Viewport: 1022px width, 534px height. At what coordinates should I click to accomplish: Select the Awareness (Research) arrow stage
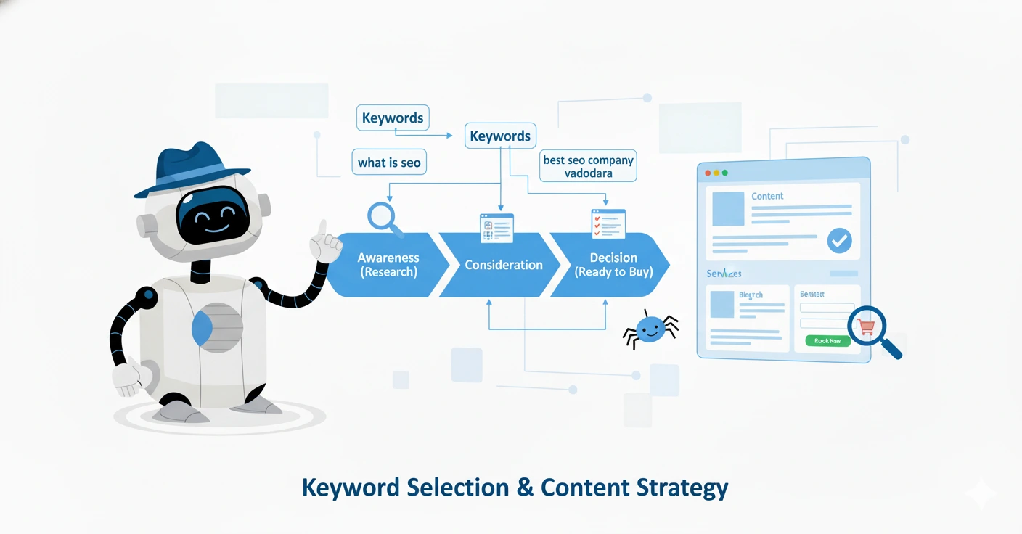[388, 265]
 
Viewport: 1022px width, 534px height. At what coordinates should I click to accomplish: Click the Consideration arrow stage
[503, 265]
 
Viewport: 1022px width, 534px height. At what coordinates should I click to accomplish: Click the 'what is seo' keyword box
[389, 163]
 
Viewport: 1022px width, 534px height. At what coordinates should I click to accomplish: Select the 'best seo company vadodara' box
[588, 167]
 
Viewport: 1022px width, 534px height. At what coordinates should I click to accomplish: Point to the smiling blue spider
[650, 329]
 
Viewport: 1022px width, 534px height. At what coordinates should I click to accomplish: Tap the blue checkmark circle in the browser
[839, 241]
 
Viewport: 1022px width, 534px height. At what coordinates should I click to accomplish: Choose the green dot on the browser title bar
[724, 173]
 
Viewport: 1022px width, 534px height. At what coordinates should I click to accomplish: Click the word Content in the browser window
[767, 196]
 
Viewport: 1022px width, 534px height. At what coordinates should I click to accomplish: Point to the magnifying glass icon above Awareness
[383, 216]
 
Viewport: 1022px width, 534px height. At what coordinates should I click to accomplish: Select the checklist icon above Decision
[608, 224]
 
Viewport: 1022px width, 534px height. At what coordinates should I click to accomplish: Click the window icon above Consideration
[496, 227]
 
